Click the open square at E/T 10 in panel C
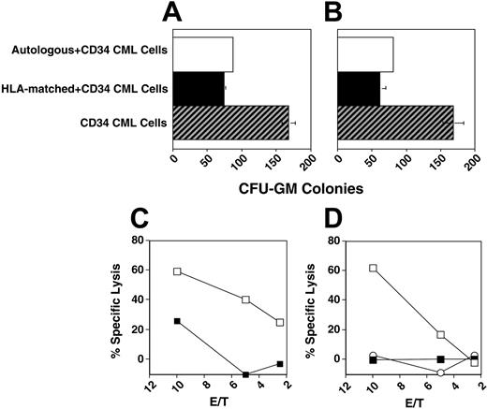[176, 271]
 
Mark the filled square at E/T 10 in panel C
[176, 321]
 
